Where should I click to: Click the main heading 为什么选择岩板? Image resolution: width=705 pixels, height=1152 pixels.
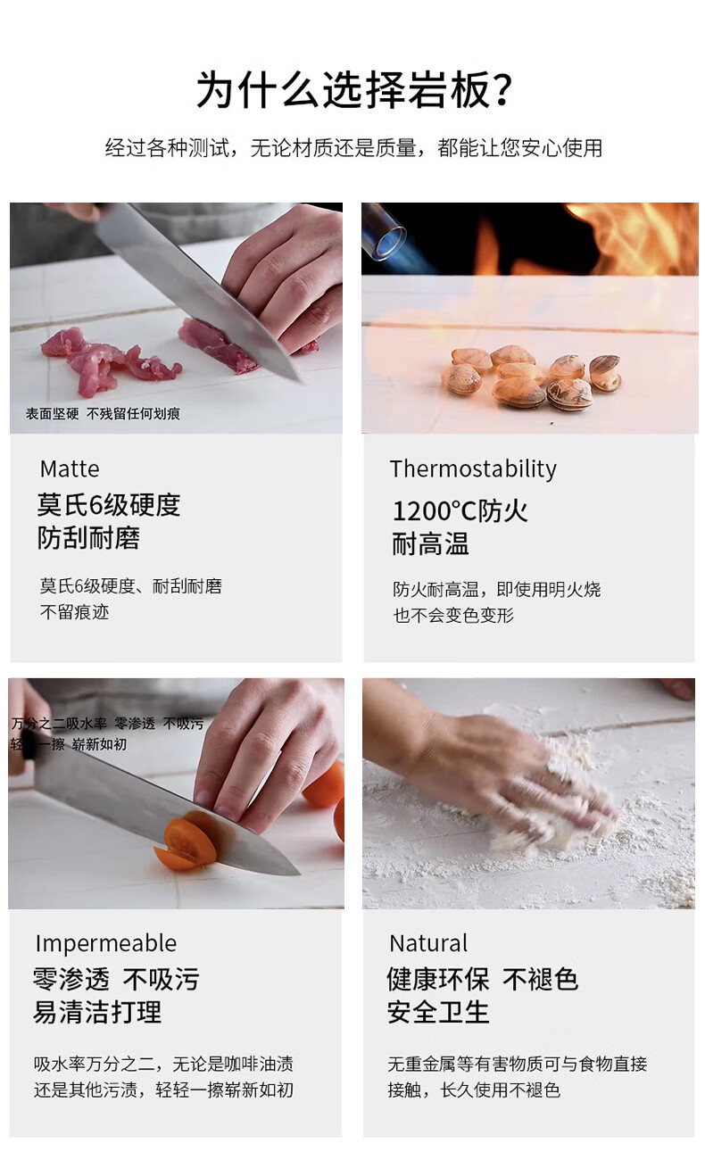(x=354, y=90)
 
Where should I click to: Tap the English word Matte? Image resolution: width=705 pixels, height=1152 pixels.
(x=70, y=469)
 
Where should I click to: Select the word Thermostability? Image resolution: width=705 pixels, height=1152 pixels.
(x=473, y=469)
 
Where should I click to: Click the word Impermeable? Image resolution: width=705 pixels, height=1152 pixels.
(x=106, y=944)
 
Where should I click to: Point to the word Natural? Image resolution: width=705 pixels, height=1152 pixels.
(x=428, y=944)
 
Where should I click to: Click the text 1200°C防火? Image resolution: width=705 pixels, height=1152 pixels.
(x=460, y=511)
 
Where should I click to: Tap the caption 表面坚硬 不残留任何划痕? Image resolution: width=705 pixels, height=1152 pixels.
(x=103, y=413)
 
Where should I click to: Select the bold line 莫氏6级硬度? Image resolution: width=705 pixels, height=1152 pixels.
(x=109, y=504)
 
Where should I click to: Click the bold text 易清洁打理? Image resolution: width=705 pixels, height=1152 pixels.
(x=97, y=1012)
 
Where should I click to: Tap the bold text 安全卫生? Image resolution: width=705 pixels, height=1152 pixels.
(x=438, y=1012)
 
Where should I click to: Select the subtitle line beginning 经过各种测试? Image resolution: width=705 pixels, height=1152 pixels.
(x=353, y=148)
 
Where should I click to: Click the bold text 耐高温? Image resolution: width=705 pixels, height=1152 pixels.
(x=431, y=544)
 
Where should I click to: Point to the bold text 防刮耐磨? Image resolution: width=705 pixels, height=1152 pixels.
(x=88, y=538)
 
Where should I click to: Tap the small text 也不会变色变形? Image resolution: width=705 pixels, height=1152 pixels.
(x=453, y=615)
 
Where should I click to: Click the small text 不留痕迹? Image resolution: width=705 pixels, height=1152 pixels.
(x=75, y=612)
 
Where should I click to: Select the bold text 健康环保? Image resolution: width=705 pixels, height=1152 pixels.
(x=438, y=979)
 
